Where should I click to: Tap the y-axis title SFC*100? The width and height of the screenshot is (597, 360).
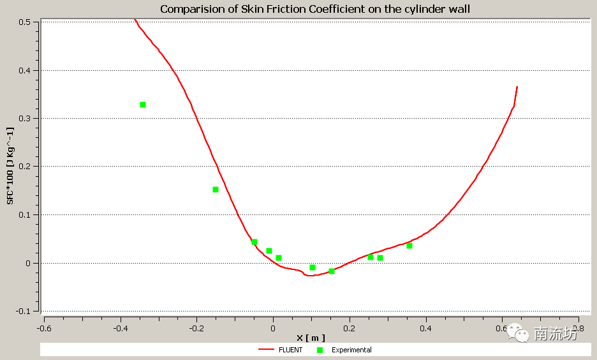pos(10,165)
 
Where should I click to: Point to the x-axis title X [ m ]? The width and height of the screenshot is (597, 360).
pos(311,338)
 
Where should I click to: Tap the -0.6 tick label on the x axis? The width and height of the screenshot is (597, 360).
pos(43,328)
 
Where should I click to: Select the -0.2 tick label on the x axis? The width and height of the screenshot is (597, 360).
pos(196,328)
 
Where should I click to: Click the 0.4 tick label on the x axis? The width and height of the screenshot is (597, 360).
pos(426,328)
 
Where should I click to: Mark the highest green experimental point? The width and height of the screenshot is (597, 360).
pos(143,105)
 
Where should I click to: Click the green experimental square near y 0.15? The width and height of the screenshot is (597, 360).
pos(216,190)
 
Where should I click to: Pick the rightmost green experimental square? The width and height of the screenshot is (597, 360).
pos(409,246)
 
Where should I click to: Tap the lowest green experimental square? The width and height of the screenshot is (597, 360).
pos(332,271)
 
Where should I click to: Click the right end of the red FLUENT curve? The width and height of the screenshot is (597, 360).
pos(517,87)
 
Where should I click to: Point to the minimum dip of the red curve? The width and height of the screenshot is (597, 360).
pos(309,275)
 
